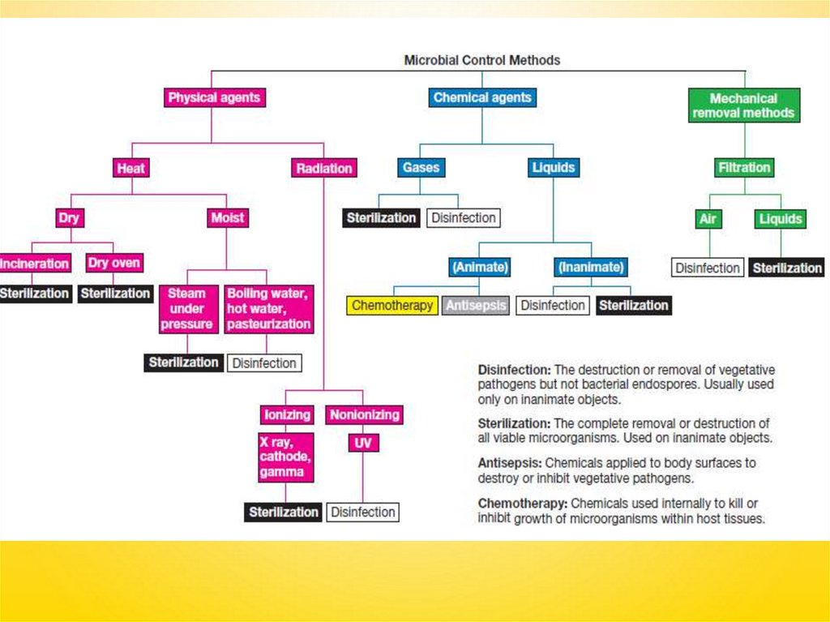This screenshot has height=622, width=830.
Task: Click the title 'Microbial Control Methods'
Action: pos(482,60)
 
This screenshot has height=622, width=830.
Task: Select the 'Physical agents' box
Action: pos(214,97)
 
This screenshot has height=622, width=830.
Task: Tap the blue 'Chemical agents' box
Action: pos(482,97)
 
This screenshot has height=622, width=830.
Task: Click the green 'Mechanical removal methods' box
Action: pos(743,105)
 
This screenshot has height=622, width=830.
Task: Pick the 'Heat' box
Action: pos(130,168)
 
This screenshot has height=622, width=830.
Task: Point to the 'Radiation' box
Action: pos(323,168)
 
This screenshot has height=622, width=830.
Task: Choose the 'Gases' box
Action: pos(421,168)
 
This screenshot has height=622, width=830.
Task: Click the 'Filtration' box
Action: pos(743,168)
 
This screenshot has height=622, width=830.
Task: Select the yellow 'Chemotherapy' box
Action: pos(392,305)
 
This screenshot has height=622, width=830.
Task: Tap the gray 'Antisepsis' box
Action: pos(476,305)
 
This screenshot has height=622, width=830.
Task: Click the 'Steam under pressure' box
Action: pos(187,308)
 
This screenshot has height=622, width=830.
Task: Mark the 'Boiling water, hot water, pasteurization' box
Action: pos(268,308)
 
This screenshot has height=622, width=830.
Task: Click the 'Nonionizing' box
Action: pos(364,414)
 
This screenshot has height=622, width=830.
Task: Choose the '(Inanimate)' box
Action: pos(590,267)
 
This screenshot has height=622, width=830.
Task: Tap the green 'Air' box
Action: pos(708,219)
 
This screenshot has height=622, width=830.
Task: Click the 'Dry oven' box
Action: pos(114,263)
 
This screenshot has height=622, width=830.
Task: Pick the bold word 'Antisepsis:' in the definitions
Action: pos(509,463)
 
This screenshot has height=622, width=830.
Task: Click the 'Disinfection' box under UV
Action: pos(363,513)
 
